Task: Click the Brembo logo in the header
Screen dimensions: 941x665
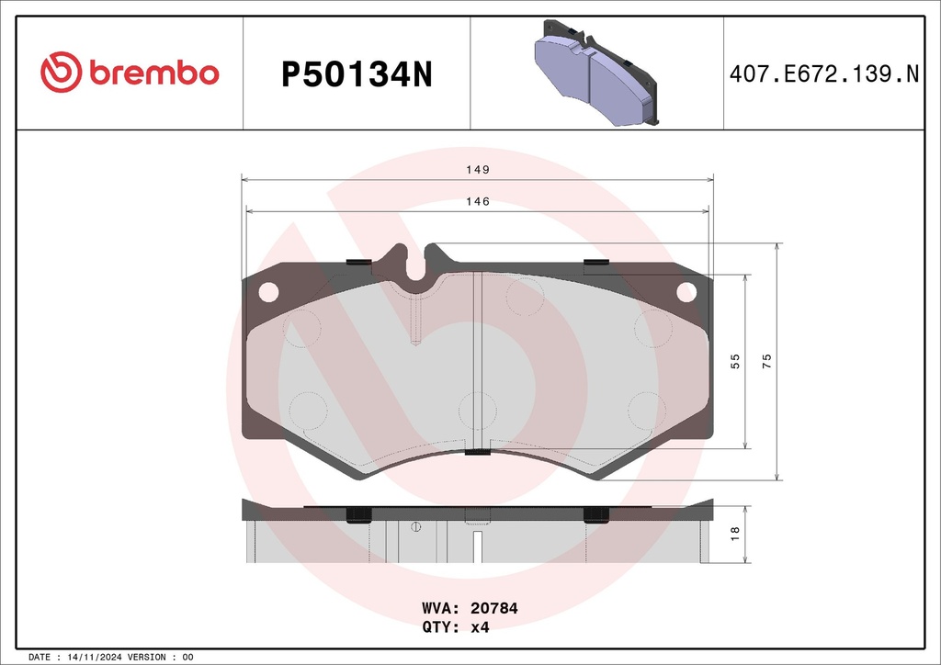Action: coord(130,72)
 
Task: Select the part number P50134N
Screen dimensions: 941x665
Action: coord(357,75)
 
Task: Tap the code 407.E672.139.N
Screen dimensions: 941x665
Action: coord(824,74)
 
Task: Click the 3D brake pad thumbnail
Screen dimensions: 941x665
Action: coord(595,73)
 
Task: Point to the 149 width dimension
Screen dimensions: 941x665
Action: coord(478,170)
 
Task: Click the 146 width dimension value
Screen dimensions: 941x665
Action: coord(478,201)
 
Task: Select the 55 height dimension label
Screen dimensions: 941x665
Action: coord(735,361)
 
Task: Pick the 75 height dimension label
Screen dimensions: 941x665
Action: coord(766,361)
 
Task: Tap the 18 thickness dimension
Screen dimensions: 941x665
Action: coord(735,534)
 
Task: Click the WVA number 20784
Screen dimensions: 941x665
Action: coord(493,608)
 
